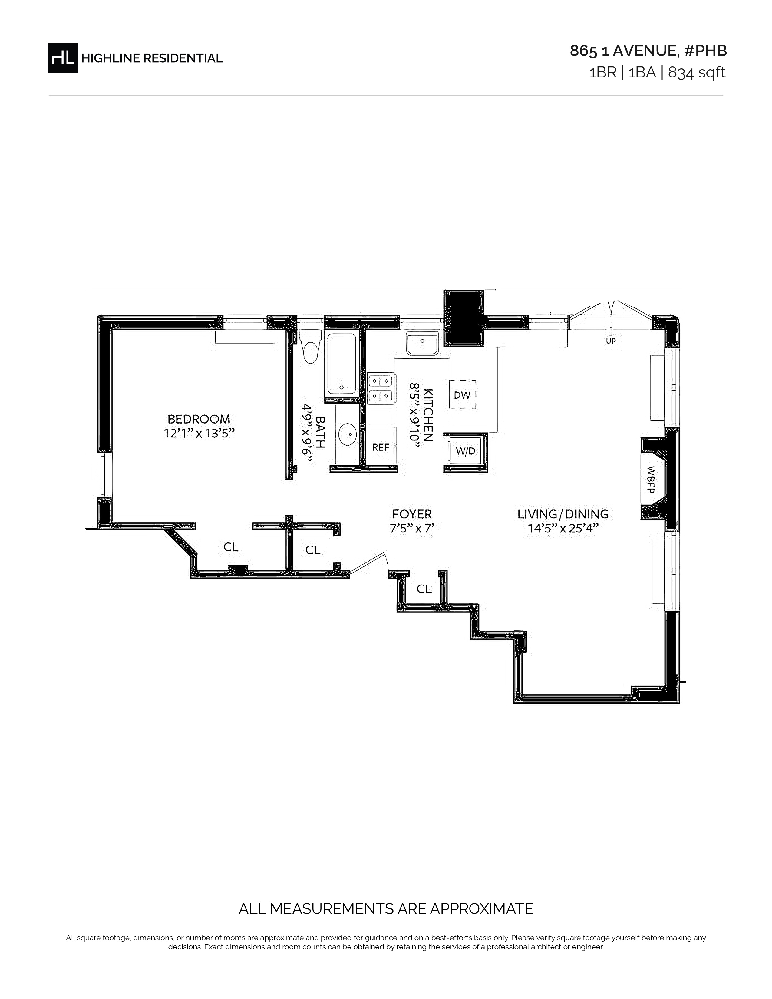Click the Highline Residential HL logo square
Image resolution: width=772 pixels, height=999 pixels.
tap(63, 58)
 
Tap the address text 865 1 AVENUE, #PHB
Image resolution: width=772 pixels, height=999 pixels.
tap(648, 51)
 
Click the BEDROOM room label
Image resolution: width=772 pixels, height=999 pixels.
tap(199, 419)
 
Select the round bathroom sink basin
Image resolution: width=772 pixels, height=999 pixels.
tap(347, 434)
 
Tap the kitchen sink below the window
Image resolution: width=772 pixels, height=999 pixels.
tap(423, 344)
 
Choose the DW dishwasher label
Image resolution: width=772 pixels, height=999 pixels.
tap(462, 395)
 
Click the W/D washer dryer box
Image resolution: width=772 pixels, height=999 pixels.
tap(466, 451)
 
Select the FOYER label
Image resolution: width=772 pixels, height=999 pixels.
tap(412, 514)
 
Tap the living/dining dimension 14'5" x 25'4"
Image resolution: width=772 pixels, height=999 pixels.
tap(563, 528)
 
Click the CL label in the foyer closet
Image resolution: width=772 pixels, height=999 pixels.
tap(424, 589)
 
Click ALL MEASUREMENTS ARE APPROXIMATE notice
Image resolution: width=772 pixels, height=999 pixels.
tap(386, 908)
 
